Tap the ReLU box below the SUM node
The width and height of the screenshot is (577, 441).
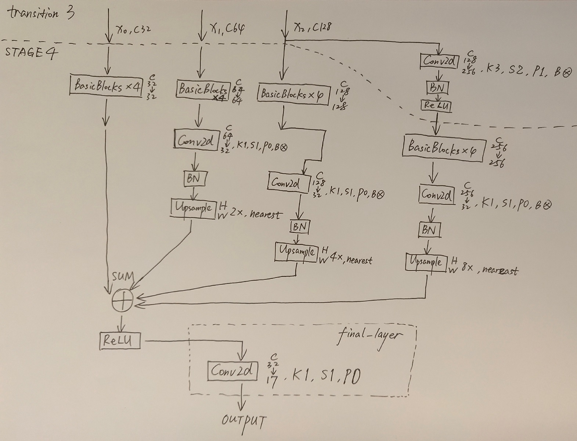pos(120,340)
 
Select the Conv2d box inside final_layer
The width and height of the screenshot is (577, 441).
pos(231,371)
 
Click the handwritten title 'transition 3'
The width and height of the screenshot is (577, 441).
pos(40,14)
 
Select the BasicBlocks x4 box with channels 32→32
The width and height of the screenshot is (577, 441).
pos(106,86)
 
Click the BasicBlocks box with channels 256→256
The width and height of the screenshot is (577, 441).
pos(442,148)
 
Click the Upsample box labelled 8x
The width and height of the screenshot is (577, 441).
pos(426,262)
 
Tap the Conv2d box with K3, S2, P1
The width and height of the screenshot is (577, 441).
pos(439,61)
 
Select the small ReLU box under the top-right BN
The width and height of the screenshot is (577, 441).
pos(436,105)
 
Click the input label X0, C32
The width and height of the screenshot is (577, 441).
pos(133,29)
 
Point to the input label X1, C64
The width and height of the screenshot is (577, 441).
pos(227,28)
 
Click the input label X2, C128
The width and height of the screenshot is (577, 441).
pos(313,26)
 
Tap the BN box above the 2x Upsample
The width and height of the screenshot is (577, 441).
pos(194,179)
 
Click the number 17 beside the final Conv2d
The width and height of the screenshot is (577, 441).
pos(273,382)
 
